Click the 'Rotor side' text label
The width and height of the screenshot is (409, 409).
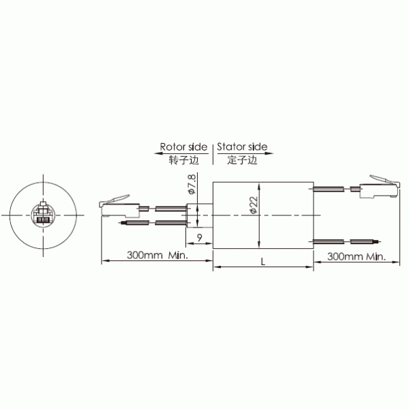tap(185, 147)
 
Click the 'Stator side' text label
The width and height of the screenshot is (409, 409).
tap(243, 147)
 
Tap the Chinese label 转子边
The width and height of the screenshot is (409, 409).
tap(183, 160)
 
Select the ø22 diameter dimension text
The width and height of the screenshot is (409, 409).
tap(253, 204)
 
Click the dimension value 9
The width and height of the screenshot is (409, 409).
tap(198, 237)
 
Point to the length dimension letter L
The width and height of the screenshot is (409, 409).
tap(263, 261)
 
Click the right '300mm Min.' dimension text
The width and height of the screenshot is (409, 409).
tap(357, 256)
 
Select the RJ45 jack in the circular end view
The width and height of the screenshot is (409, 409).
tap(42, 213)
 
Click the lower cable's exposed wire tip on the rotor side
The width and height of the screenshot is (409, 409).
tap(123, 222)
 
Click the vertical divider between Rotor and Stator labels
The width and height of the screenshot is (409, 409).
tap(213, 153)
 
